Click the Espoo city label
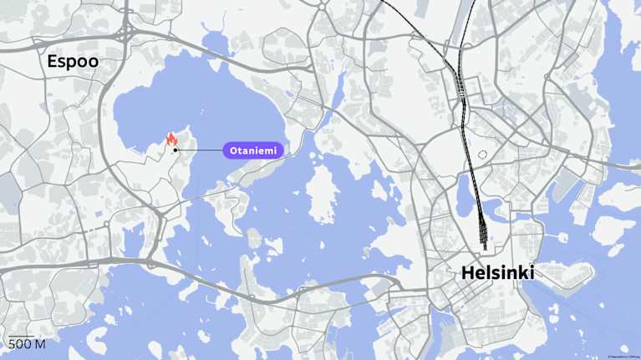point(73,61)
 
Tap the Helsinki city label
point(497,272)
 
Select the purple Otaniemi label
point(253,150)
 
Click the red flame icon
point(171,139)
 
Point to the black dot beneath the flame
point(176,150)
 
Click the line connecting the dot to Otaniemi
point(199,150)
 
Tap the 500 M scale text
point(27,344)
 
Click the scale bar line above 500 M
point(21,336)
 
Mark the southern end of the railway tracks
point(484,248)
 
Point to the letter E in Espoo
point(53,61)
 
